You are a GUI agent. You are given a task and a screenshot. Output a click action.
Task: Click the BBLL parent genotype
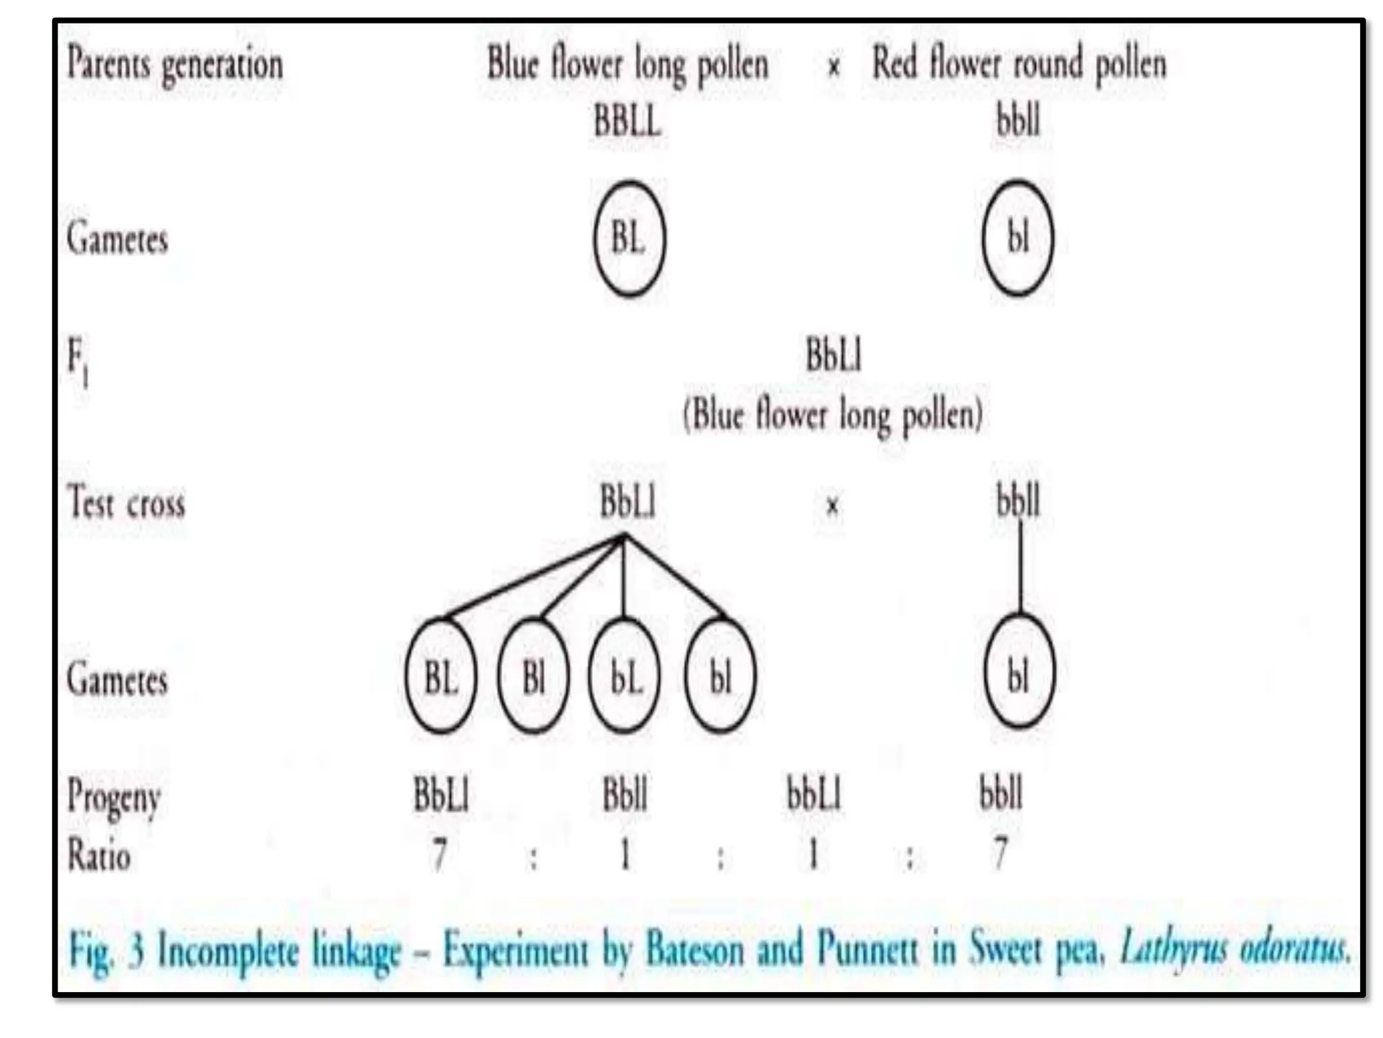click(x=627, y=122)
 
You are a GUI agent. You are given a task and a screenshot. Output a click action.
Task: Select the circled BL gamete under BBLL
click(x=629, y=238)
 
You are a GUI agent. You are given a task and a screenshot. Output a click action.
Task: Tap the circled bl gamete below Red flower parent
click(x=1018, y=238)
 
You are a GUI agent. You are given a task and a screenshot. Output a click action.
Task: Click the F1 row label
click(x=78, y=362)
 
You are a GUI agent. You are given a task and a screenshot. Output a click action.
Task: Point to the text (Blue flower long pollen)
click(x=833, y=414)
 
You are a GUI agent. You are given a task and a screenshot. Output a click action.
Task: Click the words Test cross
click(x=126, y=503)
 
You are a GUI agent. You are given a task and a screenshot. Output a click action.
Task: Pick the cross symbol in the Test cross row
click(x=833, y=505)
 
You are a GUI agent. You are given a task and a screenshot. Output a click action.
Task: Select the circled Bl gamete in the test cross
click(x=533, y=676)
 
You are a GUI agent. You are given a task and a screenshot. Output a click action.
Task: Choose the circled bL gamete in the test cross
click(x=625, y=676)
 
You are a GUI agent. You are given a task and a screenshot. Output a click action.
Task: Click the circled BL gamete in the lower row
click(x=441, y=676)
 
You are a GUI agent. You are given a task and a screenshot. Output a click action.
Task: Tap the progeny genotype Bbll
click(x=625, y=794)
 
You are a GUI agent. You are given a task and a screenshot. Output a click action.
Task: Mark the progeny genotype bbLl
click(x=814, y=794)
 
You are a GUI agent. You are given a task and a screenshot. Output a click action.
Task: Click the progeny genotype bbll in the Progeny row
click(x=1001, y=794)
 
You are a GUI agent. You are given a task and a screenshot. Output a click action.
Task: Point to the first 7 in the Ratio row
click(x=440, y=854)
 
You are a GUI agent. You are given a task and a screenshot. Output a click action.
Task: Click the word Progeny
click(x=113, y=797)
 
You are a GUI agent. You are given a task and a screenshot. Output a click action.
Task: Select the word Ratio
click(x=99, y=856)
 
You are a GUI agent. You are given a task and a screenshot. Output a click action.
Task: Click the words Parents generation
click(x=175, y=66)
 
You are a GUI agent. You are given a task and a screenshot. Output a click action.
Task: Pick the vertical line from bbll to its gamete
click(x=1020, y=568)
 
